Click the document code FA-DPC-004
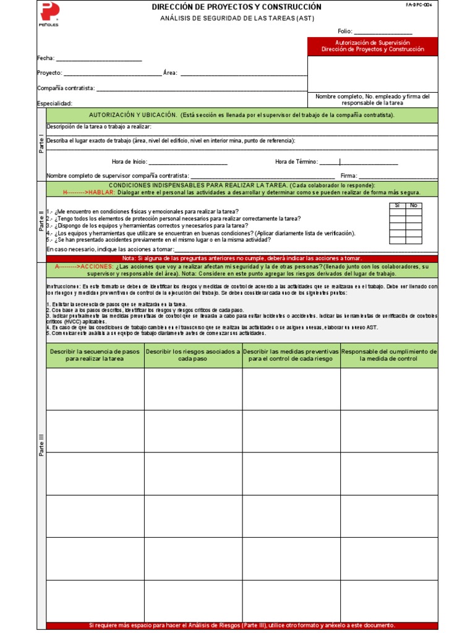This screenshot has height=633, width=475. coord(419,4)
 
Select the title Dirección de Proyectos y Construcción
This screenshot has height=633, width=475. coord(237,7)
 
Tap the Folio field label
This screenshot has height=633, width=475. coord(344,32)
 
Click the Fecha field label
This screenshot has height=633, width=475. coord(46,59)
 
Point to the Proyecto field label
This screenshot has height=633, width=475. coord(49,73)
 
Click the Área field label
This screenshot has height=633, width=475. coord(170,73)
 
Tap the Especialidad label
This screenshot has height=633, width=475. coord(55,103)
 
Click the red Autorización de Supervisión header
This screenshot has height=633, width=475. coord(372,46)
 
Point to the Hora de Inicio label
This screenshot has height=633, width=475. coord(129,162)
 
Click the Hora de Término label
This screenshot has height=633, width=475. coord(296,162)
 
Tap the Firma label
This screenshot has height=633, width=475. coord(349,176)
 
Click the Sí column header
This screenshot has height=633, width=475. coord(397,205)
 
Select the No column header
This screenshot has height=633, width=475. coord(414,205)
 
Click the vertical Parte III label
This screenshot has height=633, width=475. coord(41,445)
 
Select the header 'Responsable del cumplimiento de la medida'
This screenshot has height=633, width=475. coord(389,355)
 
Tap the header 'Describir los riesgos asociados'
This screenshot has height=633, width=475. coord(193,355)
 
